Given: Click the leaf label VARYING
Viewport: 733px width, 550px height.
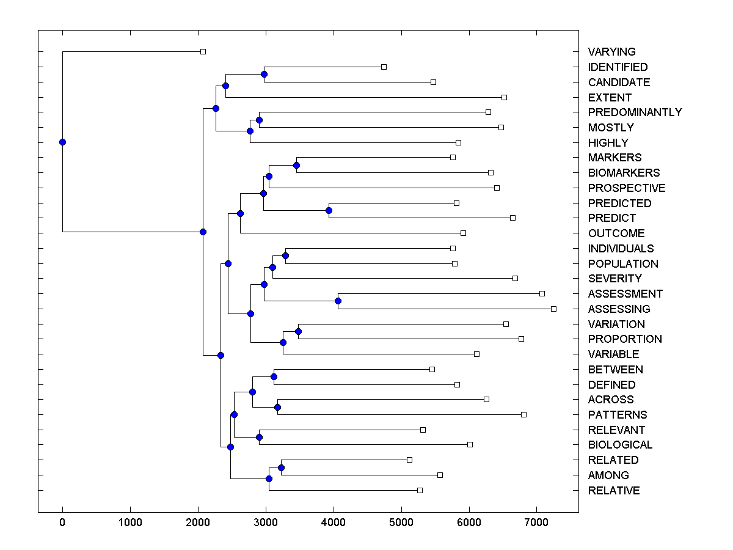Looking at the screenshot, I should (x=611, y=52).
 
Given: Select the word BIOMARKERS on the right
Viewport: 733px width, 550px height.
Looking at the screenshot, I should (x=624, y=173).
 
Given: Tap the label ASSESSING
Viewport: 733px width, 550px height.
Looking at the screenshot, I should (x=619, y=309).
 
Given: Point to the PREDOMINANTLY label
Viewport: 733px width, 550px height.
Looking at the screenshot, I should (x=635, y=112).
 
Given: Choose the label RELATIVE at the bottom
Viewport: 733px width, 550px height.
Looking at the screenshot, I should (x=614, y=491).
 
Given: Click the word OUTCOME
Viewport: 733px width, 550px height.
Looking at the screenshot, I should (x=616, y=233).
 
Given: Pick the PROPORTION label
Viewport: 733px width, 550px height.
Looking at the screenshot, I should (x=625, y=339).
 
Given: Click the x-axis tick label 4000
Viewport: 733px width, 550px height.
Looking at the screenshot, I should (x=334, y=522).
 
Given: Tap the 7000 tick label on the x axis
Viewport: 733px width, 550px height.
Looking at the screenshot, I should (x=536, y=522).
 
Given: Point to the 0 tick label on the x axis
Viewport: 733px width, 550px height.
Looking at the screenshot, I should (x=62, y=522).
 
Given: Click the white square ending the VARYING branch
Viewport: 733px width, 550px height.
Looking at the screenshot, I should (x=203, y=52).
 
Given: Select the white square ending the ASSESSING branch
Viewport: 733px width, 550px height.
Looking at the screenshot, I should (x=553, y=309).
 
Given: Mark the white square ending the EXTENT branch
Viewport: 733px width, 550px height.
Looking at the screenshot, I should (x=504, y=97).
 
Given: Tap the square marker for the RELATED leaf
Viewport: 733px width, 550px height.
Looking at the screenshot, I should (x=409, y=460).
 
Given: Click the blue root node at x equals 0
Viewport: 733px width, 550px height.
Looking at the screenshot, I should (x=62, y=142).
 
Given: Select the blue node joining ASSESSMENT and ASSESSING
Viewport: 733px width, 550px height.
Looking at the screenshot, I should (x=338, y=301).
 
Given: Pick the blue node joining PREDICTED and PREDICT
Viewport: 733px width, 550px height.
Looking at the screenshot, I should (x=329, y=210).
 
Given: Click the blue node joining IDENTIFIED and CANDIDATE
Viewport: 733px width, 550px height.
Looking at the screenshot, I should (x=264, y=75).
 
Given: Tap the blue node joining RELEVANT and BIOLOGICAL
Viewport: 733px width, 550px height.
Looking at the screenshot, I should (x=259, y=437).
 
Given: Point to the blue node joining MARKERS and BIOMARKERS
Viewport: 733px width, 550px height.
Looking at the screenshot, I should (x=296, y=165).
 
